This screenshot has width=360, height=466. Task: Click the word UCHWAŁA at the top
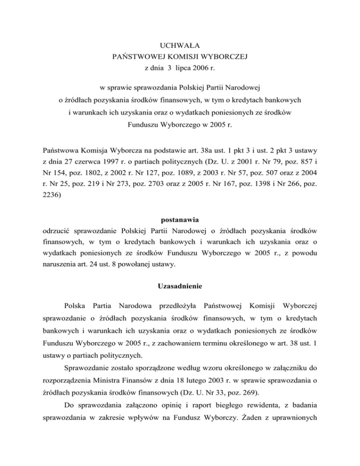pyautogui.click(x=180, y=45)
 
